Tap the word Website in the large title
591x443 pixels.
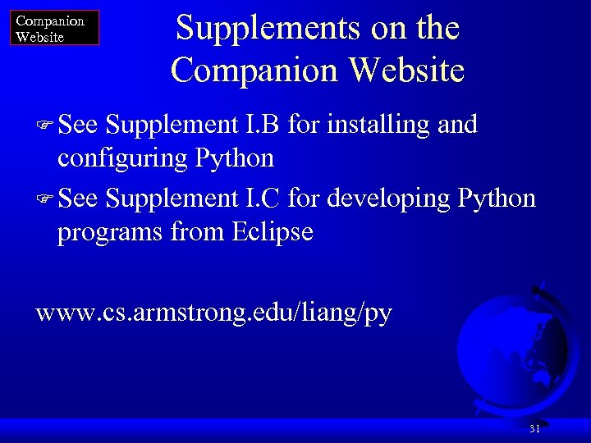(x=406, y=70)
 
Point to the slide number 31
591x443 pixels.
(x=535, y=429)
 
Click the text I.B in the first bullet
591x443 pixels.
(x=263, y=125)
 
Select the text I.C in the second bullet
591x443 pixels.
(x=263, y=199)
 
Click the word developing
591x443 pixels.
(x=386, y=199)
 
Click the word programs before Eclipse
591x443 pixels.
(x=110, y=232)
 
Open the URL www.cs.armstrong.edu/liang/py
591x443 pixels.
(x=214, y=313)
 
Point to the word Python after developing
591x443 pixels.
(x=497, y=199)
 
